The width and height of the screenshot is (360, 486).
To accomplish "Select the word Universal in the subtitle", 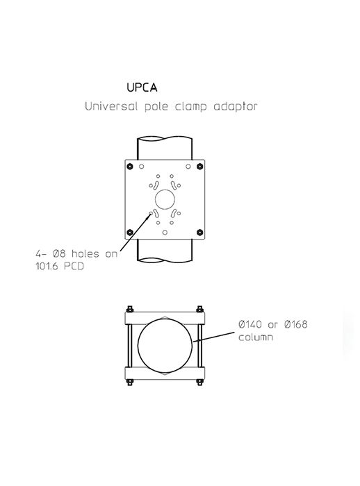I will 107,108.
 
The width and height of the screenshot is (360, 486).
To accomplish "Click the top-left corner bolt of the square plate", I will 129,165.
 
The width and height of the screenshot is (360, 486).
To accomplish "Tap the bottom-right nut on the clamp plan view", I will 199,381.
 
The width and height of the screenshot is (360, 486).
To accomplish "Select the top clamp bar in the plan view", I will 164,317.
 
